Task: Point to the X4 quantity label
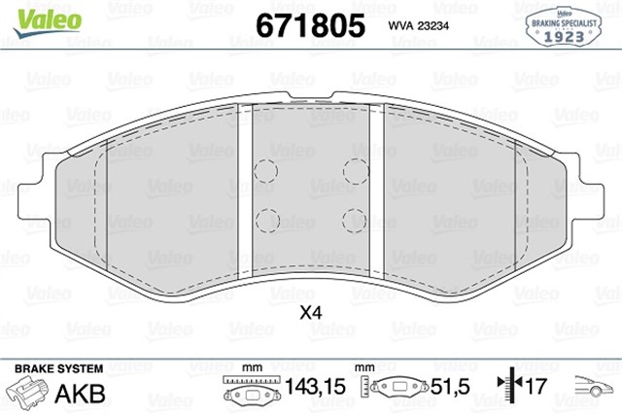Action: coord(310,314)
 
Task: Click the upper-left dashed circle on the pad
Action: coord(264,171)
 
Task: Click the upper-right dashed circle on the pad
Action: coord(355,171)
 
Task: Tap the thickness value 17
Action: coord(534,388)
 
